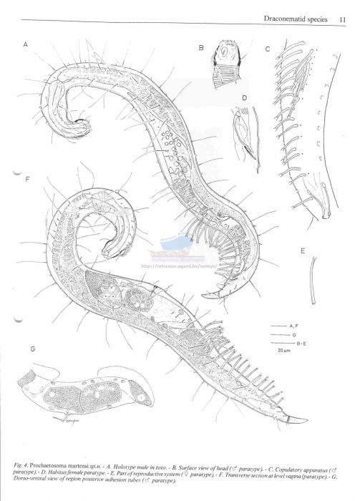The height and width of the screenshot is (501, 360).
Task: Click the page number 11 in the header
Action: tap(343, 20)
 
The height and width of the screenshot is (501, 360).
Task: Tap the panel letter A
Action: tap(25, 44)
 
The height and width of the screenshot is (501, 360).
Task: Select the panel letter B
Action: tap(202, 47)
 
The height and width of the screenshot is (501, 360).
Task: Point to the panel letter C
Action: tap(266, 49)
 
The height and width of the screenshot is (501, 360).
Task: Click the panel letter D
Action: tap(244, 97)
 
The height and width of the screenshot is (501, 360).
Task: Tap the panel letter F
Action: tap(26, 179)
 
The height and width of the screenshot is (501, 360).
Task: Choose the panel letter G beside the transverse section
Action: tap(33, 349)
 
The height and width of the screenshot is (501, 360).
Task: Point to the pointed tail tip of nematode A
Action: tap(204, 296)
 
